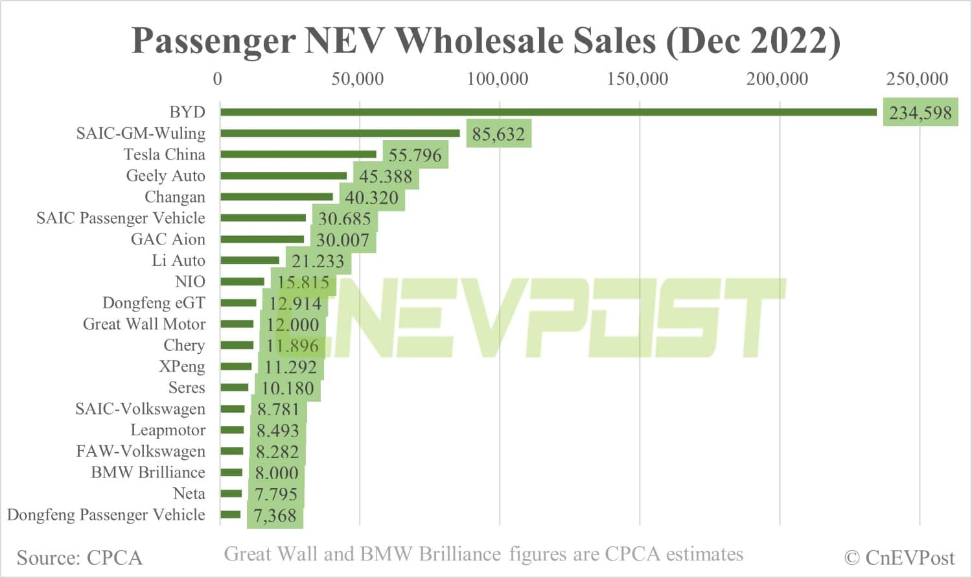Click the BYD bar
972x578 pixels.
point(548,112)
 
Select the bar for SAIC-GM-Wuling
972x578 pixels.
point(340,134)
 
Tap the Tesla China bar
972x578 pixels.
point(298,154)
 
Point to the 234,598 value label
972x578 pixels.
point(920,114)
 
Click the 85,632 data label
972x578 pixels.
point(498,134)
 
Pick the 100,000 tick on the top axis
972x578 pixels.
point(498,79)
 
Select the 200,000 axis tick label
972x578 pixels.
point(777,79)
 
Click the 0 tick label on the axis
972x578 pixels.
point(218,79)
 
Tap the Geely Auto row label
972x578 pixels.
point(165,176)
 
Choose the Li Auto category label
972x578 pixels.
point(178,261)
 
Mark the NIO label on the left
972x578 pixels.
point(190,282)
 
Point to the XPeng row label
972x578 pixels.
point(182,367)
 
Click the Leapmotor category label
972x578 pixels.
point(168,430)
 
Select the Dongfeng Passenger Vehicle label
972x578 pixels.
point(106,515)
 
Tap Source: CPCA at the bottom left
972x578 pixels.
point(79,558)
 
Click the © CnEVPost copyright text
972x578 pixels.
point(899,558)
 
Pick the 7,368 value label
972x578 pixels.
point(275,516)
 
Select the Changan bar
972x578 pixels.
point(277,197)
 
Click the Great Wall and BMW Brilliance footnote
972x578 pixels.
point(483,555)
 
